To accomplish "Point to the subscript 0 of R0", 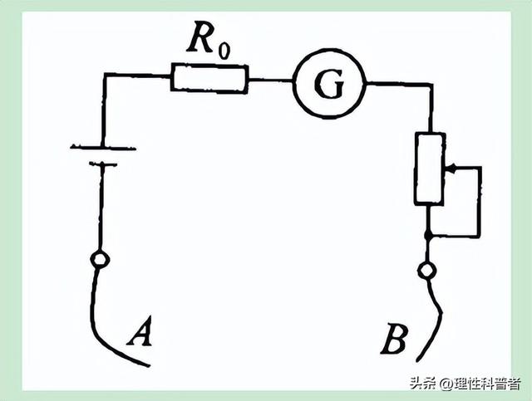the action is click(224, 50).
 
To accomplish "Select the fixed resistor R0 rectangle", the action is click(209, 77).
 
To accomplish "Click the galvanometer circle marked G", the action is click(329, 83).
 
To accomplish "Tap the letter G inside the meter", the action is click(329, 84).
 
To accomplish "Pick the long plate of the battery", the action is click(103, 148).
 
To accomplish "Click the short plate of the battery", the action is click(103, 164).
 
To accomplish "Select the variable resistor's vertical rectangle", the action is click(430, 169).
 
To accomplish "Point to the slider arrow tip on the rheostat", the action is click(446, 168).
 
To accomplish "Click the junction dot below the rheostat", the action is click(429, 235).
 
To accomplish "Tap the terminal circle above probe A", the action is click(100, 259).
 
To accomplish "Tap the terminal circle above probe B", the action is click(426, 271).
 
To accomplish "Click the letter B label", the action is click(394, 339).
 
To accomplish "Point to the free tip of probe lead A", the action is click(150, 366).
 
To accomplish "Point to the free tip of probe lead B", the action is click(418, 361).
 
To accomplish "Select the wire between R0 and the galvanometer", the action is click(270, 80).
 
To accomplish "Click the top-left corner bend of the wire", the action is click(106, 75).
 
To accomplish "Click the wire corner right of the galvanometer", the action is click(431, 85).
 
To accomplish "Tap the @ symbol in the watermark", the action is click(446, 384).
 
